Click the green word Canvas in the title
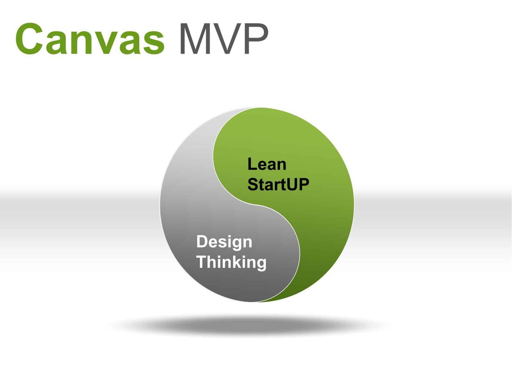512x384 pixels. [x=90, y=39]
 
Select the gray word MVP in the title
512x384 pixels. [x=224, y=39]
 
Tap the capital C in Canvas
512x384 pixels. [x=29, y=39]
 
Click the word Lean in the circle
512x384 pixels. [x=267, y=164]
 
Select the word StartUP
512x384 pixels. [x=278, y=184]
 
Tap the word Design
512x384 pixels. [x=224, y=242]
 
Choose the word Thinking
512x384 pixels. [x=231, y=262]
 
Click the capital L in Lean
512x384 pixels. [x=252, y=164]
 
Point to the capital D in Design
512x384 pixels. [x=202, y=241]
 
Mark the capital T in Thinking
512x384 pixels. [x=202, y=262]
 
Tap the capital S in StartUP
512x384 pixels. [x=253, y=184]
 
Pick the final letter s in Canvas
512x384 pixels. [x=154, y=43]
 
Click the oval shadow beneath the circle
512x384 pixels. [x=248, y=325]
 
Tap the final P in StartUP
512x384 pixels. [x=304, y=184]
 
